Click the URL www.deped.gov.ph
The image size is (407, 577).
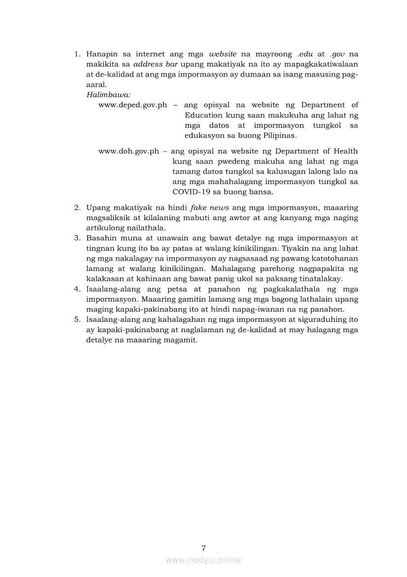click(133, 105)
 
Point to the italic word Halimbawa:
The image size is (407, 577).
click(105, 94)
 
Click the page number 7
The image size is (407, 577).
click(203, 547)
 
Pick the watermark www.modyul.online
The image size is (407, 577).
click(203, 560)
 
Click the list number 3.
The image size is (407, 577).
click(77, 238)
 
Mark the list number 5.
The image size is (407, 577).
click(77, 319)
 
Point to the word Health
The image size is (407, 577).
click(344, 151)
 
